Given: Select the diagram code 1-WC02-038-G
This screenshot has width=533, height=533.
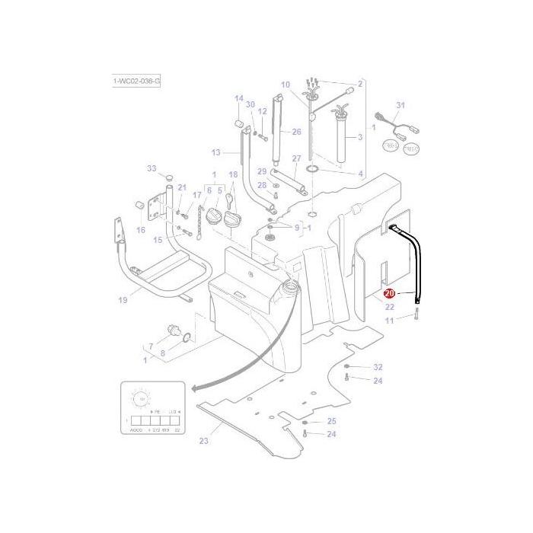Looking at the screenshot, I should coord(136,80).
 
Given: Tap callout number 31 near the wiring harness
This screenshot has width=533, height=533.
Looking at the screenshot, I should coord(401,105).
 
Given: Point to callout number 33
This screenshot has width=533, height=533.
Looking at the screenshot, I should coord(151,168).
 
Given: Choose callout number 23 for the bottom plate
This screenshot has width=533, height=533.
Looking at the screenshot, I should coord(203,441).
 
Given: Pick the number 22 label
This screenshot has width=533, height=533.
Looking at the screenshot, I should coord(389,307).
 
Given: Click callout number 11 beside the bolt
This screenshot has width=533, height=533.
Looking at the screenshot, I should coord(389,321).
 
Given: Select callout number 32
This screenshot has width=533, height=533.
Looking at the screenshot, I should coord(378,366).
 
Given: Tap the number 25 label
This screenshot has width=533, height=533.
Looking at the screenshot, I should coord(331,421).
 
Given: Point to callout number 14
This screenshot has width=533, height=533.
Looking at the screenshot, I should coord(238,98).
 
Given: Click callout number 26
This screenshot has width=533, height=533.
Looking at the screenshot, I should coord(296,132).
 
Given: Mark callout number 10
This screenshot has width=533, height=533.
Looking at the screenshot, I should coord(286,85).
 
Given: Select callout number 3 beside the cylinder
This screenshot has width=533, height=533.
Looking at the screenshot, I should coord(360,138).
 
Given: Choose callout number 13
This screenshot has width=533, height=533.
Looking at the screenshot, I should coord(215,152).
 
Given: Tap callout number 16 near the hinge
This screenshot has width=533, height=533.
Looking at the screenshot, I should coord(141,230).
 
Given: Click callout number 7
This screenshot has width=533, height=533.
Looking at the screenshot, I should coord(150,347).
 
